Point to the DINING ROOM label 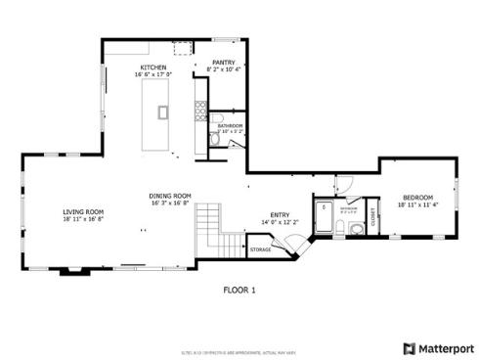point(169,196)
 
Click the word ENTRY point(281,215)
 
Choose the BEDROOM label point(419,199)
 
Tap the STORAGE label point(260,250)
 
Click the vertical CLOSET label point(373,220)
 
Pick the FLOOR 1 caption point(239,291)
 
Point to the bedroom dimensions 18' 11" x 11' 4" point(419,205)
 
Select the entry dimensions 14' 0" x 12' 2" point(281,222)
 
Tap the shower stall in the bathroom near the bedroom point(325,208)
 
